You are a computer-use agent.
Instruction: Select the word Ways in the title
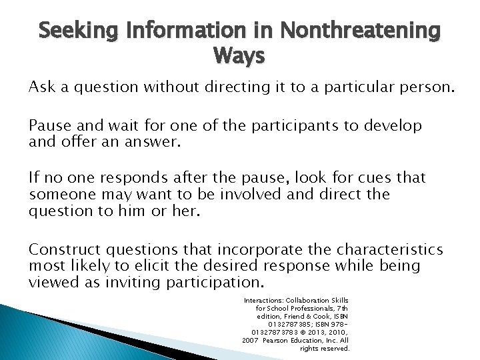239,56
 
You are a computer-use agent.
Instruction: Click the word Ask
41,87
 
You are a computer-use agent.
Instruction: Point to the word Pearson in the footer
279,339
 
